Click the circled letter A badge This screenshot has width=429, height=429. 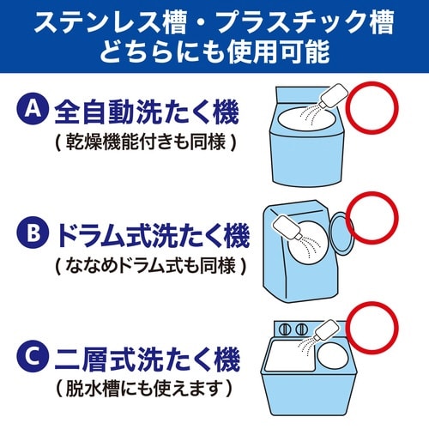pos(32,110)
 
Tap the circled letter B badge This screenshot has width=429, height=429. pos(32,233)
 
